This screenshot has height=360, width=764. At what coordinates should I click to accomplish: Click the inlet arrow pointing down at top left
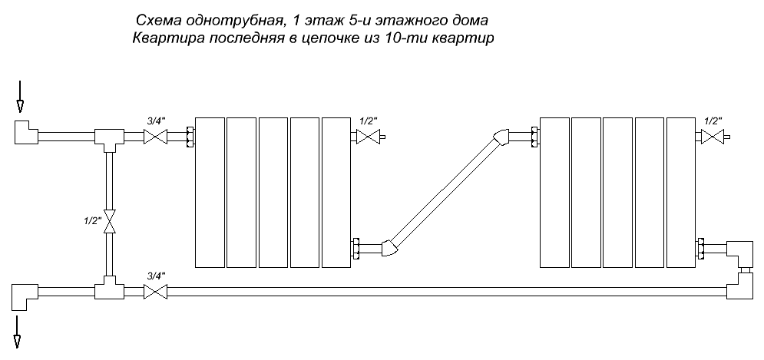[x=20, y=97]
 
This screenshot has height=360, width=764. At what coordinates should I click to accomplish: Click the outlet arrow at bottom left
[x=17, y=332]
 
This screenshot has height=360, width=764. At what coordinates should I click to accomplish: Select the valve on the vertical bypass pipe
[x=110, y=222]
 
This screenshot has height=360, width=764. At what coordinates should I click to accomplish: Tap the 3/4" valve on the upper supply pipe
[x=155, y=137]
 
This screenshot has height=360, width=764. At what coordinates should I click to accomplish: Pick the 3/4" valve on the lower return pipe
[x=155, y=292]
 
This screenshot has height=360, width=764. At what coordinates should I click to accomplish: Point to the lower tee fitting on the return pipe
[x=110, y=287]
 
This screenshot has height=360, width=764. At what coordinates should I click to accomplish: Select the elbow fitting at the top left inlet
[x=26, y=132]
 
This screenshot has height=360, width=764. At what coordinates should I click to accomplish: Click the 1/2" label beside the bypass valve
[x=92, y=220]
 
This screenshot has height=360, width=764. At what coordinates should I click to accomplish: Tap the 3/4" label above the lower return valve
[x=157, y=276]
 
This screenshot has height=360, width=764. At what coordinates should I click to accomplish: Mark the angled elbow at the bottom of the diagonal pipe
[x=389, y=248]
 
